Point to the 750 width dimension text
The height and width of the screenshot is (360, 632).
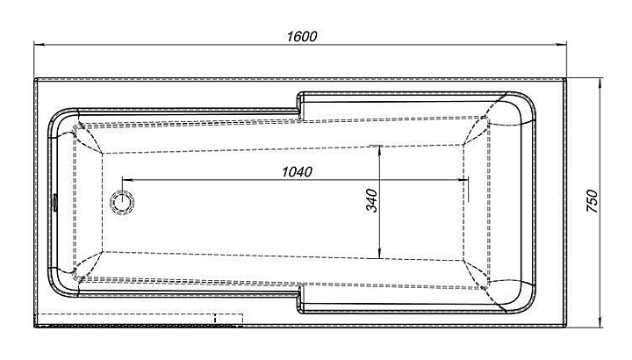click(594, 203)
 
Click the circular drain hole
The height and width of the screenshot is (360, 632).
click(122, 203)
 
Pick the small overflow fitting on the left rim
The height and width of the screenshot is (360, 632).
click(54, 202)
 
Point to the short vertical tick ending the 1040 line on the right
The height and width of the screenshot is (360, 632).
click(468, 183)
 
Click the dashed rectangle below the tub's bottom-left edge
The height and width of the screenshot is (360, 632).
click(126, 319)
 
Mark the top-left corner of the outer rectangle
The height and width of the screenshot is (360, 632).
click(35, 80)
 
